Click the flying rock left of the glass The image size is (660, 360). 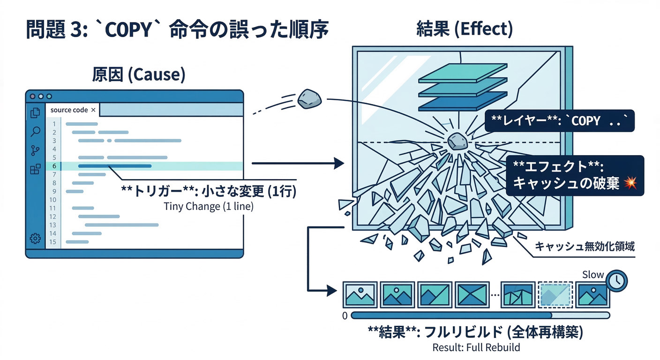(309, 99)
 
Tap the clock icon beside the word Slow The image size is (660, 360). (616, 280)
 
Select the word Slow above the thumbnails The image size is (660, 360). (592, 275)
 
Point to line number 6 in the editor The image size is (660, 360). (54, 166)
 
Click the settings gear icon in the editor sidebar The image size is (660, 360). (35, 238)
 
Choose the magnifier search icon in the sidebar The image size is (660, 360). (35, 132)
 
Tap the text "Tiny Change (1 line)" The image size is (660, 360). (209, 206)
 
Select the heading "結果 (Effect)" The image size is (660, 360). (464, 29)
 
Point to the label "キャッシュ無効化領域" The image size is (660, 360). (585, 247)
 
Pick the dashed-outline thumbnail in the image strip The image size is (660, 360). (555, 294)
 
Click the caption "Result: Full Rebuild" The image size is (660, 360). (476, 348)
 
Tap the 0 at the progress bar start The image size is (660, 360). (345, 316)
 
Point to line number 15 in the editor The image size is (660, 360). (52, 242)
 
